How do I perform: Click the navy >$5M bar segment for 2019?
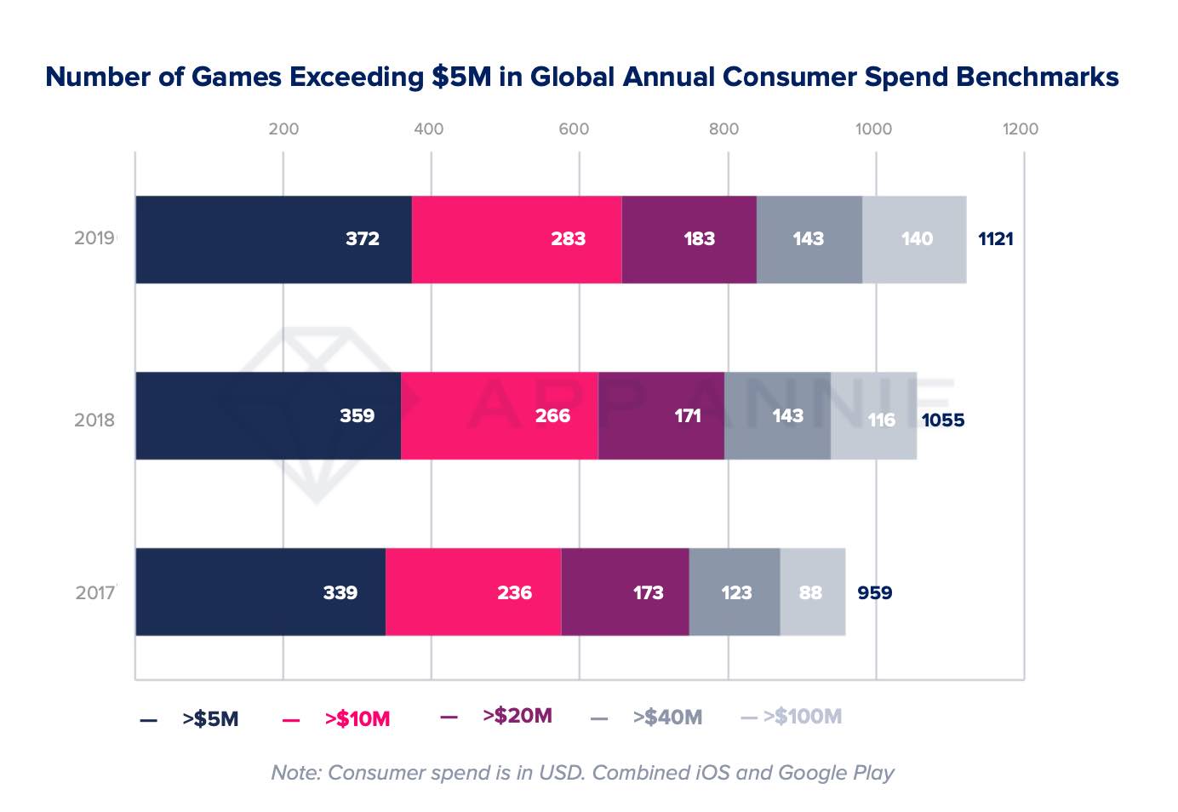coord(272,239)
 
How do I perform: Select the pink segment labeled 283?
coord(517,239)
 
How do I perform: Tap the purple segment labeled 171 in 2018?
coord(661,416)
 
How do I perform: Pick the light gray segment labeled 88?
coord(812,592)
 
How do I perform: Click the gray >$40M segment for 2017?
coord(735,592)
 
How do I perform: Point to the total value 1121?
coord(995,239)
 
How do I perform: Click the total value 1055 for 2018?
coord(943,420)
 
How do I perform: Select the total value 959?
coord(874,593)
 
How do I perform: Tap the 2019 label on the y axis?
coord(94,238)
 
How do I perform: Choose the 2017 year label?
coord(94,593)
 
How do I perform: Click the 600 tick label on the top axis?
coord(574,129)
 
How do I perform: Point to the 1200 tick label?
coord(1020,129)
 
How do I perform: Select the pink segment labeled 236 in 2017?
coord(473,592)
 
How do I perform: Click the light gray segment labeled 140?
coord(914,239)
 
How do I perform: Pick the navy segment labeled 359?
coord(267,416)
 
